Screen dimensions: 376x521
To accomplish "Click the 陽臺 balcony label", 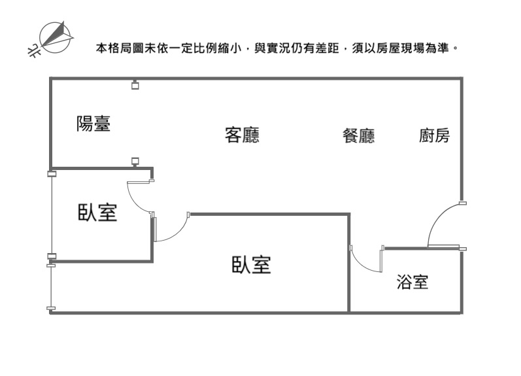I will click(93, 124).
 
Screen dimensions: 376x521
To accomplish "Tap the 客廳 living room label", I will click(242, 135).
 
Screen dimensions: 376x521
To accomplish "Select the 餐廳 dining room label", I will click(358, 136).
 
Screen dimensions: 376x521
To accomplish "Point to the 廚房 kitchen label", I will click(434, 136).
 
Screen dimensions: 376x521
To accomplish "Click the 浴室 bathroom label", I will click(412, 282).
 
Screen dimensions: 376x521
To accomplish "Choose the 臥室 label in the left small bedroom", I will click(97, 213).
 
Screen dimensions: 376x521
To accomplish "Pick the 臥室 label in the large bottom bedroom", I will click(251, 264).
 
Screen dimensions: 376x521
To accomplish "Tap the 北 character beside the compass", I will click(32, 49).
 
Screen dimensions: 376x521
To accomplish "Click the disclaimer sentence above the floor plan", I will click(275, 48).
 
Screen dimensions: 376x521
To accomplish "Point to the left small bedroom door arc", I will click(136, 199).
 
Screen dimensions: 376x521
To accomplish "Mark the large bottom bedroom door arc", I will click(173, 229).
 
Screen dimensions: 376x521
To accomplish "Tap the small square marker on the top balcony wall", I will click(135, 84).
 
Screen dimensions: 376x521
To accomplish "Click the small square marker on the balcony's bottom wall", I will click(135, 161).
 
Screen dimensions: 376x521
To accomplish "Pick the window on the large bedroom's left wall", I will click(51, 286).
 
